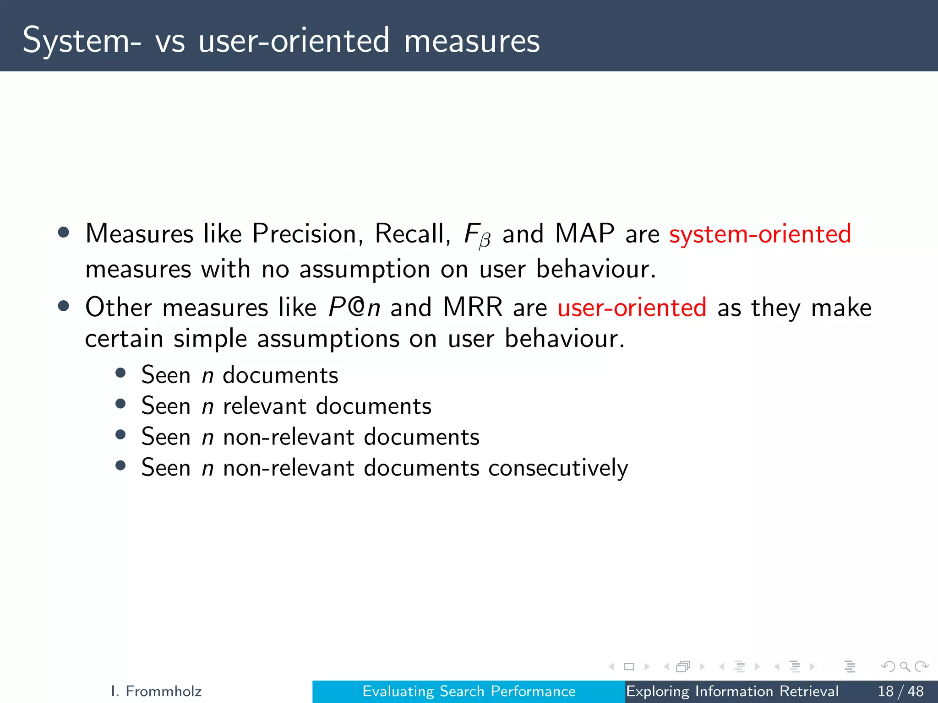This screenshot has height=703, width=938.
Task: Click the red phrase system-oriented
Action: tap(760, 234)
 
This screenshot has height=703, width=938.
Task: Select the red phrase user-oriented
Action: tap(632, 307)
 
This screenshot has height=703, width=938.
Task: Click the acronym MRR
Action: tap(472, 307)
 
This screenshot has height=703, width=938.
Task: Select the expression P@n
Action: tap(354, 307)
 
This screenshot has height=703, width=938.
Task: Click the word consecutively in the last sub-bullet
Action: tap(558, 468)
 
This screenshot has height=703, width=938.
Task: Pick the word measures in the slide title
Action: tap(472, 41)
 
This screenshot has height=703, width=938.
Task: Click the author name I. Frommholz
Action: tap(156, 691)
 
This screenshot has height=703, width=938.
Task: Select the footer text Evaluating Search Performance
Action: tap(469, 691)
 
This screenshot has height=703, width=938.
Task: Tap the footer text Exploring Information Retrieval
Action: tap(732, 691)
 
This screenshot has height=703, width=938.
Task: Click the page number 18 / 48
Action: tap(900, 691)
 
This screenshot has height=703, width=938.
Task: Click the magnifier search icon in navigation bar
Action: tap(905, 667)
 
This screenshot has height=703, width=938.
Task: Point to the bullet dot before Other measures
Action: tap(64, 306)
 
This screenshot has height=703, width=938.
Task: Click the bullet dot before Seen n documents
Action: tap(120, 373)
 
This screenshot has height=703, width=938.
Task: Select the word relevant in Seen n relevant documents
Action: tap(264, 406)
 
